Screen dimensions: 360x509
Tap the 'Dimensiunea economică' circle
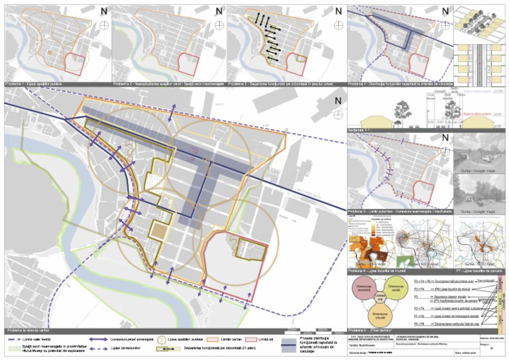(x=367, y=290)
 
